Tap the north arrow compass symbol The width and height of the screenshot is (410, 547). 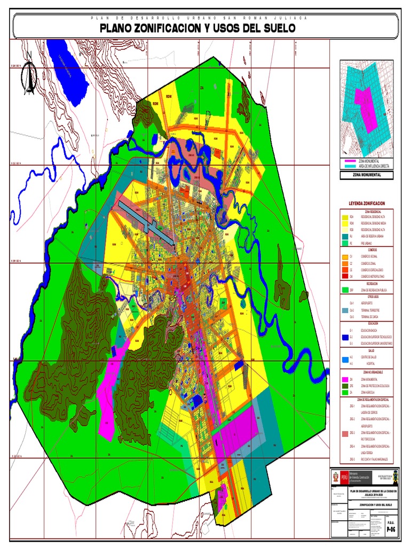30,78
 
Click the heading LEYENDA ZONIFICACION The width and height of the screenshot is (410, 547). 366,204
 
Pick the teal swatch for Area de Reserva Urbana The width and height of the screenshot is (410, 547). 345,236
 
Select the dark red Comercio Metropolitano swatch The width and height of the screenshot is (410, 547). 345,277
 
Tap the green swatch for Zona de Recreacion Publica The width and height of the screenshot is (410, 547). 345,289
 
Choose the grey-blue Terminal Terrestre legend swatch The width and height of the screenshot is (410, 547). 345,310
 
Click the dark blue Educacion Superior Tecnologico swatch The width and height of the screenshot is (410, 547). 345,337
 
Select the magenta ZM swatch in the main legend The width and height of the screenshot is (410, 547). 345,379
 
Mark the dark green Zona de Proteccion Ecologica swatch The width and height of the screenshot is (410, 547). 345,385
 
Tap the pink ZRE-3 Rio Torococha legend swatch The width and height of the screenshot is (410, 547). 345,433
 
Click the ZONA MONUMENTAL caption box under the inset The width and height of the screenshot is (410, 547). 366,175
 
